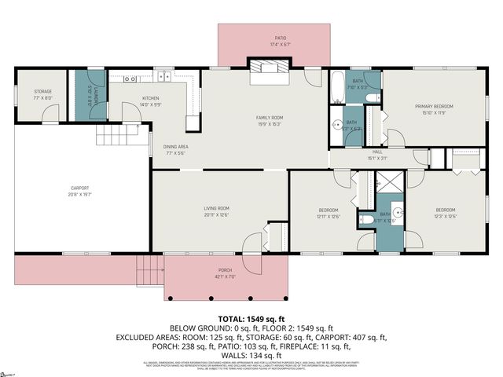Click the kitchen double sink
163,77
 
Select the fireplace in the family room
268,72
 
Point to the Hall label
377,155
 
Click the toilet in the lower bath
366,219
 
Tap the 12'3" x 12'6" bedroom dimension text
446,217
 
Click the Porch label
226,273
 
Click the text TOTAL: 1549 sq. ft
251,318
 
